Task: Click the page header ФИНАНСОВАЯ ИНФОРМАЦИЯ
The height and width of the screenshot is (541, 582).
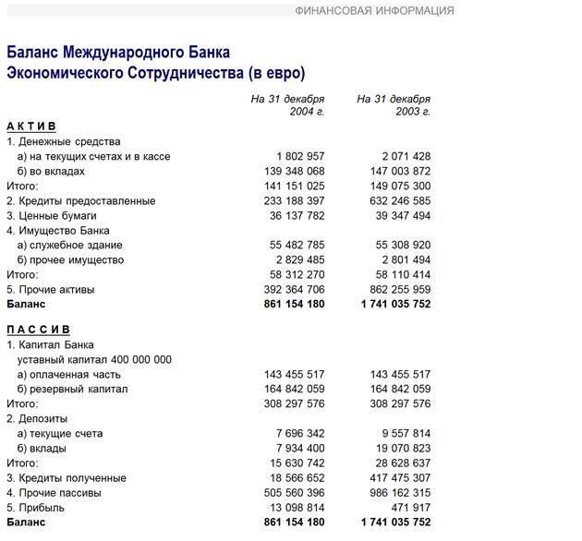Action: [374, 11]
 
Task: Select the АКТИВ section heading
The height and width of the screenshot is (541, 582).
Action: [31, 126]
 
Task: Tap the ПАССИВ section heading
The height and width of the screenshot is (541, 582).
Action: [38, 330]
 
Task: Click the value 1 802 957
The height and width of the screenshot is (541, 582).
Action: [300, 156]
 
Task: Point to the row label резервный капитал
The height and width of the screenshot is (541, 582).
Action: [76, 389]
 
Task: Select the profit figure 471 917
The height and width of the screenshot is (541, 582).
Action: [409, 507]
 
